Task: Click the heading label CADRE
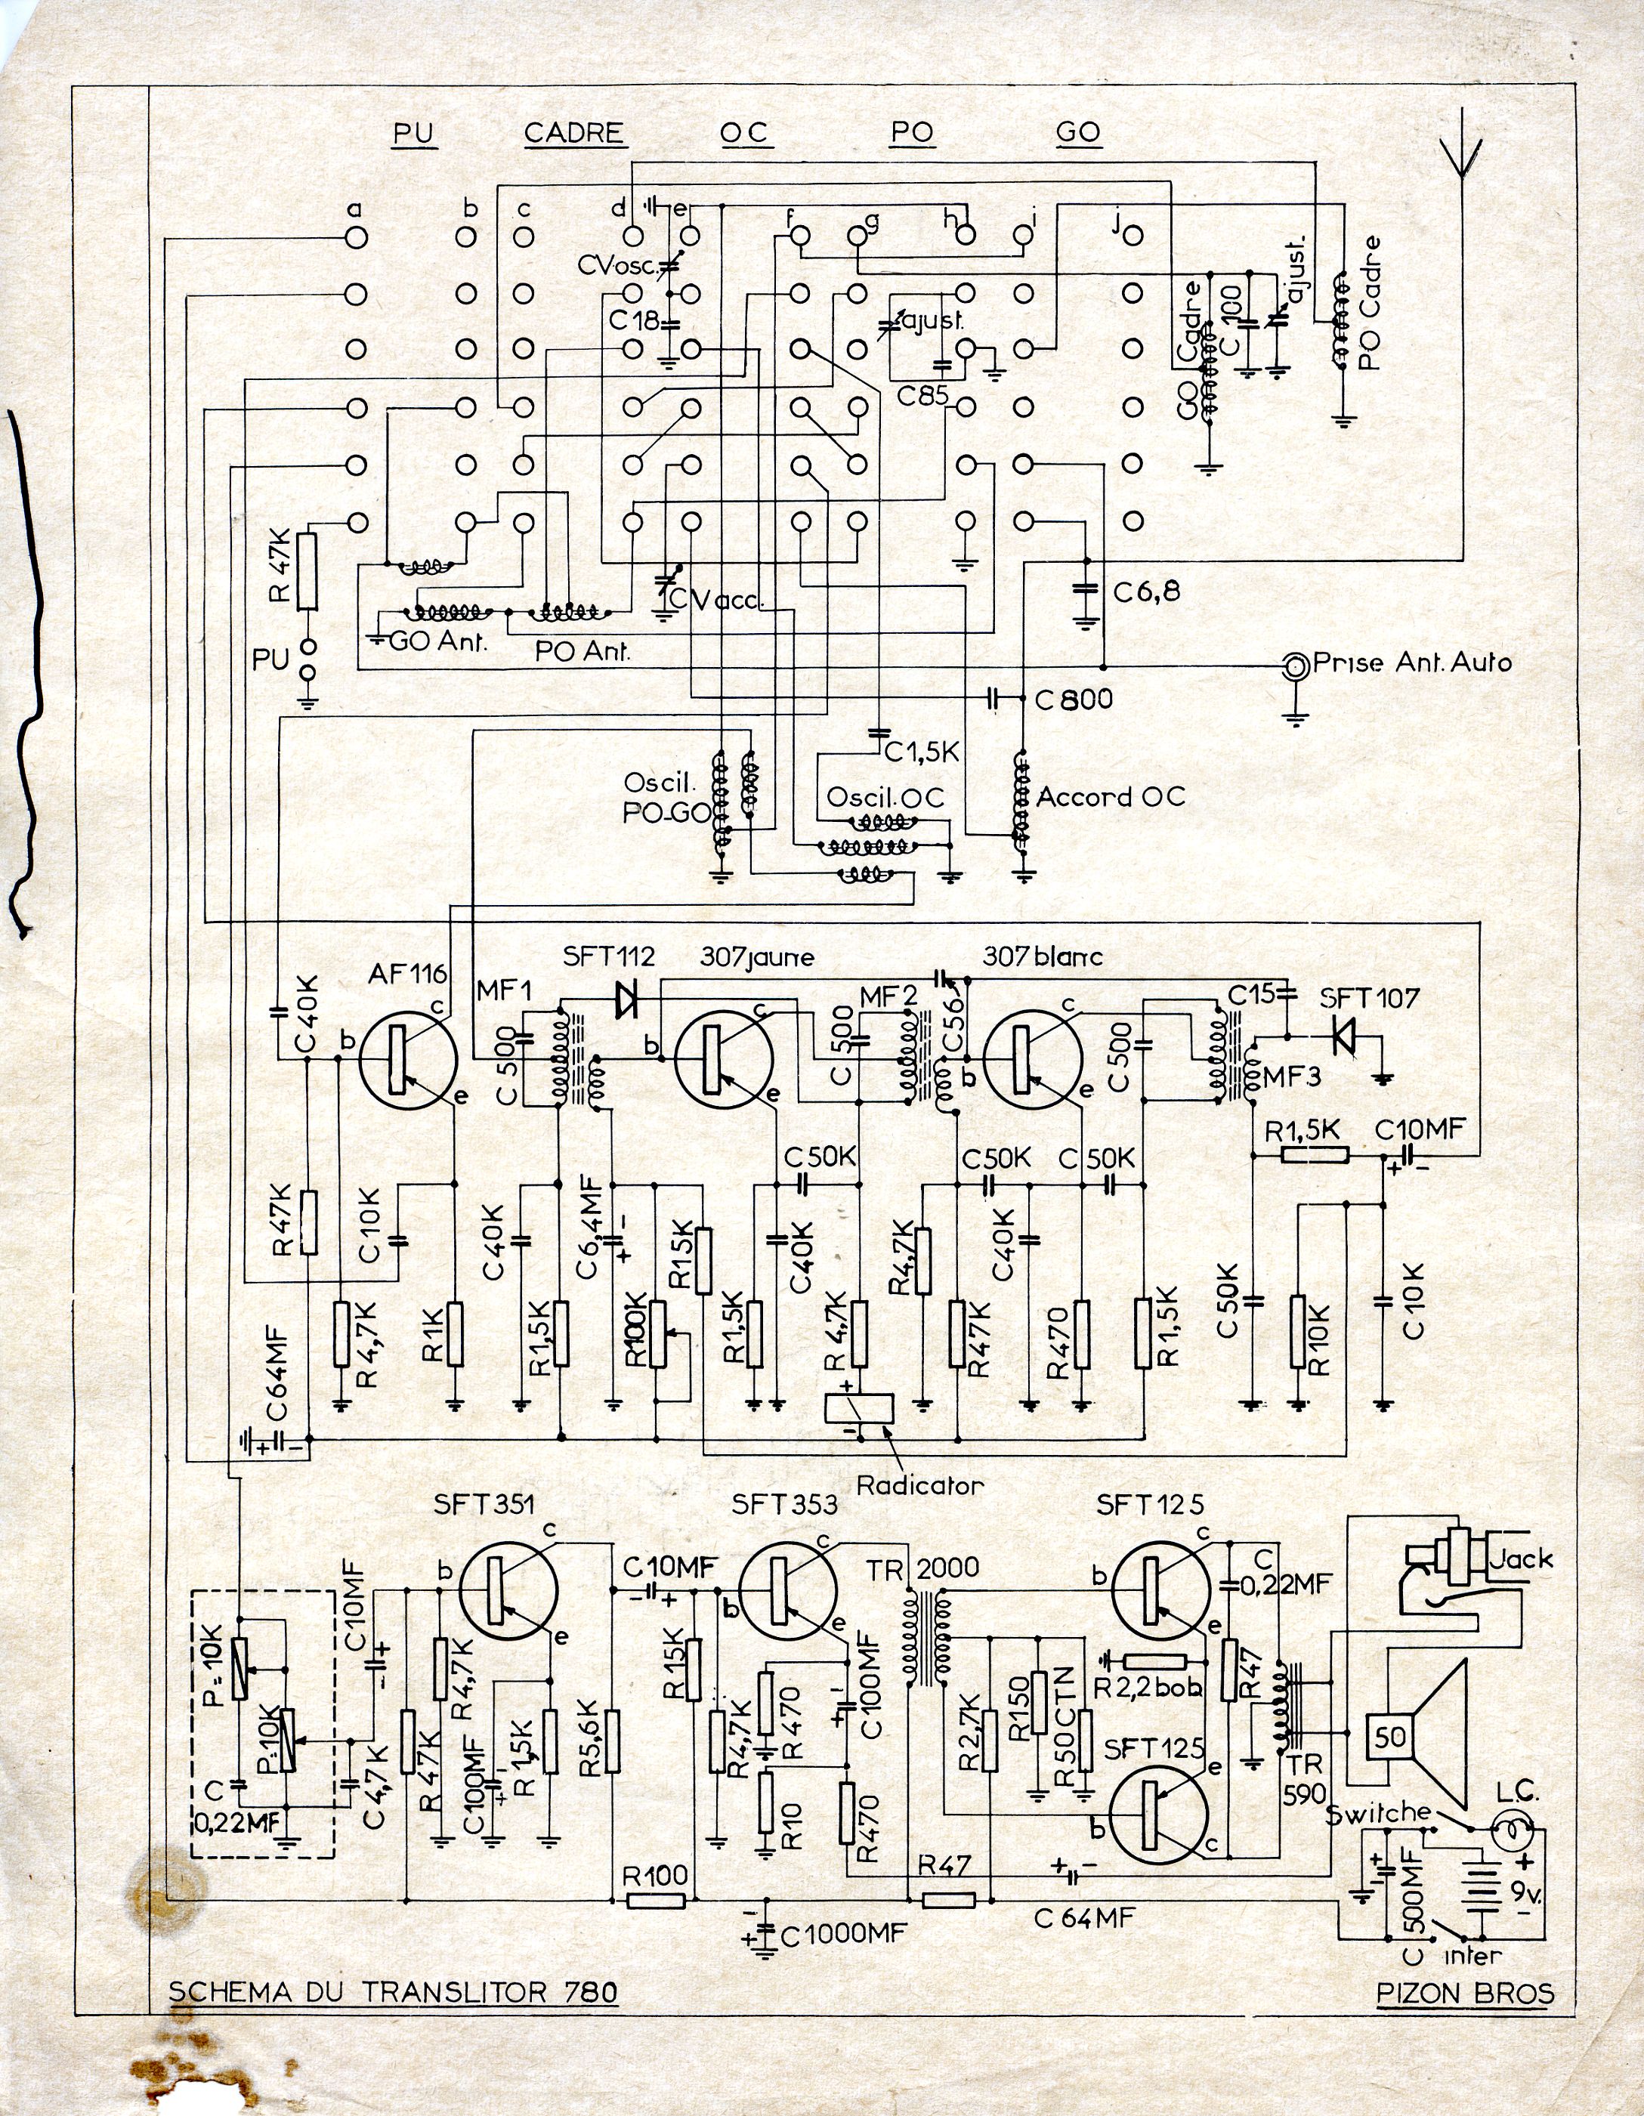click(x=573, y=133)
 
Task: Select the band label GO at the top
click(x=1078, y=133)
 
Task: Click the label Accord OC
click(x=1111, y=796)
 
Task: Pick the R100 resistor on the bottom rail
click(x=657, y=1901)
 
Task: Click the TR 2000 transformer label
click(x=923, y=1568)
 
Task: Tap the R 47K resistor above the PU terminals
click(x=307, y=572)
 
